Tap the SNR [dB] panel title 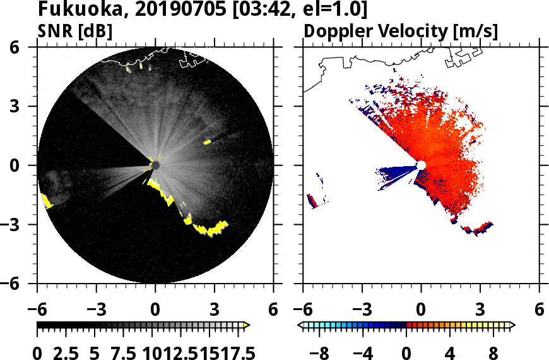tap(75, 32)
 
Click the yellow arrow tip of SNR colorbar tap(247, 325)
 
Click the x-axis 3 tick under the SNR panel tap(215, 310)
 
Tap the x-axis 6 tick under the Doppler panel tap(539, 310)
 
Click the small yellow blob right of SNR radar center tap(207, 142)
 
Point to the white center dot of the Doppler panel tap(421, 165)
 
